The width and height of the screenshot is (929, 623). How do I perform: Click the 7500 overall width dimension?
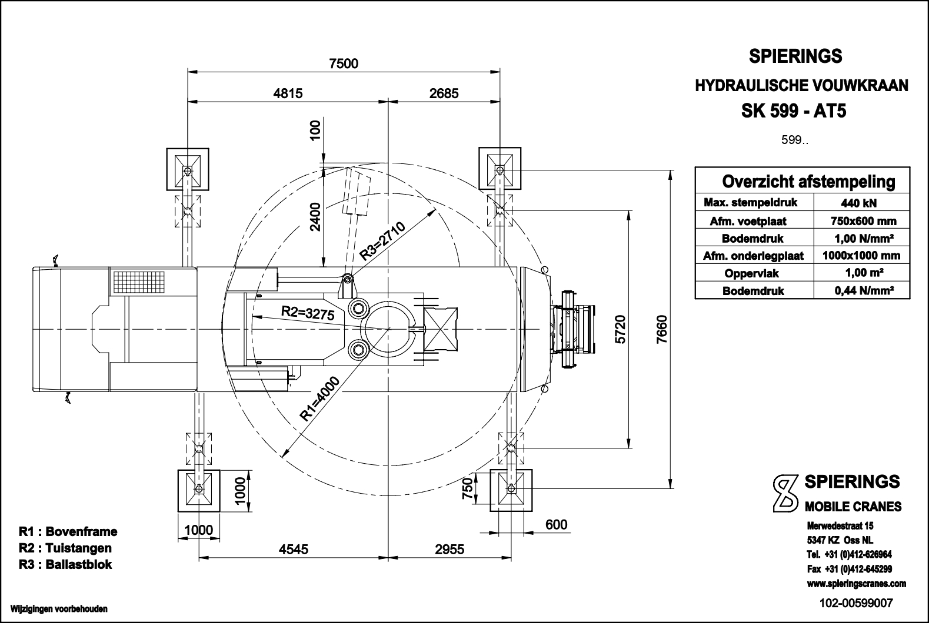click(344, 63)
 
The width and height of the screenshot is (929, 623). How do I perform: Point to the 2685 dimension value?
click(444, 93)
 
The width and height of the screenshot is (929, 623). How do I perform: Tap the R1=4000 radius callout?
click(320, 399)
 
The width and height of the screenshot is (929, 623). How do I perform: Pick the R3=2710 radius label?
click(383, 241)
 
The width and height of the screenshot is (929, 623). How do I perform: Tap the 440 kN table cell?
click(861, 203)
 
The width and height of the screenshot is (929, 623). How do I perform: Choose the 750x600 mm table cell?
click(861, 221)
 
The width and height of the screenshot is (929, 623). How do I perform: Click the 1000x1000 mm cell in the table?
click(861, 256)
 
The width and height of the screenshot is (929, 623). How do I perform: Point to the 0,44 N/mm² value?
click(861, 290)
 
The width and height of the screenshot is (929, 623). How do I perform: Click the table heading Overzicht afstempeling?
click(808, 182)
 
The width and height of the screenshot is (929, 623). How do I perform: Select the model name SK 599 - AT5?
click(794, 111)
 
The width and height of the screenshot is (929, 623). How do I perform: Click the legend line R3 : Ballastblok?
click(65, 565)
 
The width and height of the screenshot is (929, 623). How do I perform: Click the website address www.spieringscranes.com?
click(856, 584)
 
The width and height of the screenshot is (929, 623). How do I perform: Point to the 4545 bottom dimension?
click(293, 549)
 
